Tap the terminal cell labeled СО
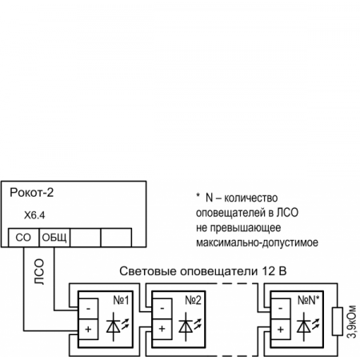click(22, 238)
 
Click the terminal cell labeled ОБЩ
click(54, 238)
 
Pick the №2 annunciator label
click(192, 302)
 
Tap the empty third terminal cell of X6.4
click(86, 238)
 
